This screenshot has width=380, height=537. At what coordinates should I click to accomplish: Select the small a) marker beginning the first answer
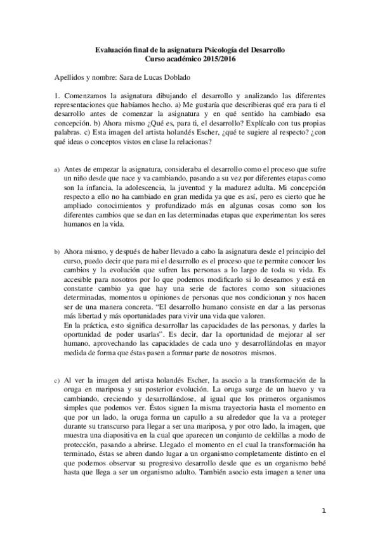56,170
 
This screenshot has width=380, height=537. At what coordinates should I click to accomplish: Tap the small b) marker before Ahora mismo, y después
56,251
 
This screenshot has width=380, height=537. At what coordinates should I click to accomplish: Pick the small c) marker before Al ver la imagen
56,380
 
